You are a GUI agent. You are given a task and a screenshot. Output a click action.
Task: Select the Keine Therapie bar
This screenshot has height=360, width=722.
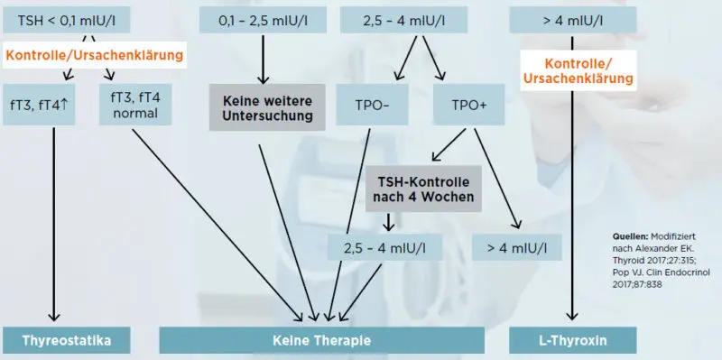tap(321, 340)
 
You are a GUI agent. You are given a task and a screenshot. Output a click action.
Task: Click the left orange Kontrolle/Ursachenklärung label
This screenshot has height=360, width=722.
tap(94, 56)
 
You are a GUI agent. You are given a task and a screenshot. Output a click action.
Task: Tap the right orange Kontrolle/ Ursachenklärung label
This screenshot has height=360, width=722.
tap(578, 70)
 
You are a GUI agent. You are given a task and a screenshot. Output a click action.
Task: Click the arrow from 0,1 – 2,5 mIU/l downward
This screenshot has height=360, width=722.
tap(264, 59)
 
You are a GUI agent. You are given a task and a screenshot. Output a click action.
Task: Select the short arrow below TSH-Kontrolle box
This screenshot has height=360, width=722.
tap(389, 222)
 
